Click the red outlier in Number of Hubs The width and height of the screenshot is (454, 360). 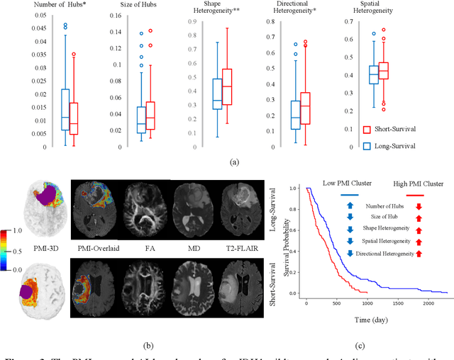tap(74, 54)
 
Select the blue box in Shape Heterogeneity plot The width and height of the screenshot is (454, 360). tap(218, 94)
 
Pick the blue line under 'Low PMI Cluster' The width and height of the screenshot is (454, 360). tap(350, 194)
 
